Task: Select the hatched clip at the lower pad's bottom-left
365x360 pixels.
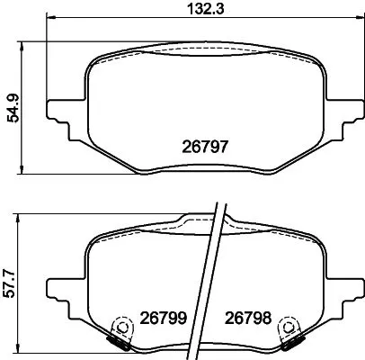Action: pyautogui.click(x=118, y=343)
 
